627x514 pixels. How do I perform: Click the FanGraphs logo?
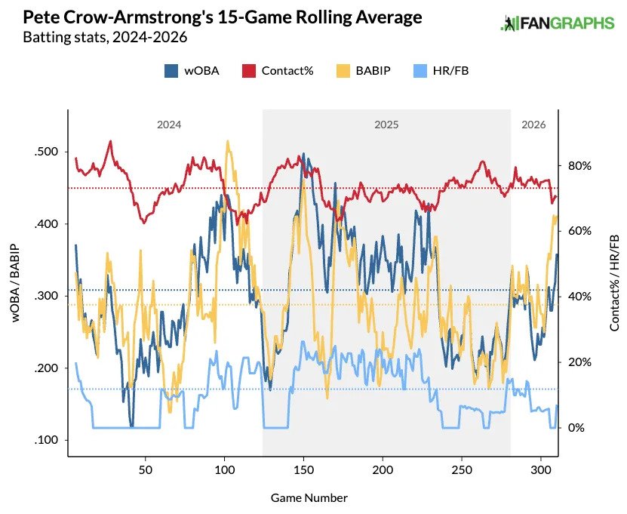[557, 23]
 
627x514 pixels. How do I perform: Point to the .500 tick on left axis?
[47, 152]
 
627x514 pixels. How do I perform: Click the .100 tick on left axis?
[47, 440]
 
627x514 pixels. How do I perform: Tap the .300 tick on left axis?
[47, 296]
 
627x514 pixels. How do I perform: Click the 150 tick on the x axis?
[303, 469]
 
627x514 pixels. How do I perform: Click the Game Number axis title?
[309, 498]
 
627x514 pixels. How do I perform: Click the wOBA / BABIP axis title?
[16, 282]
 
